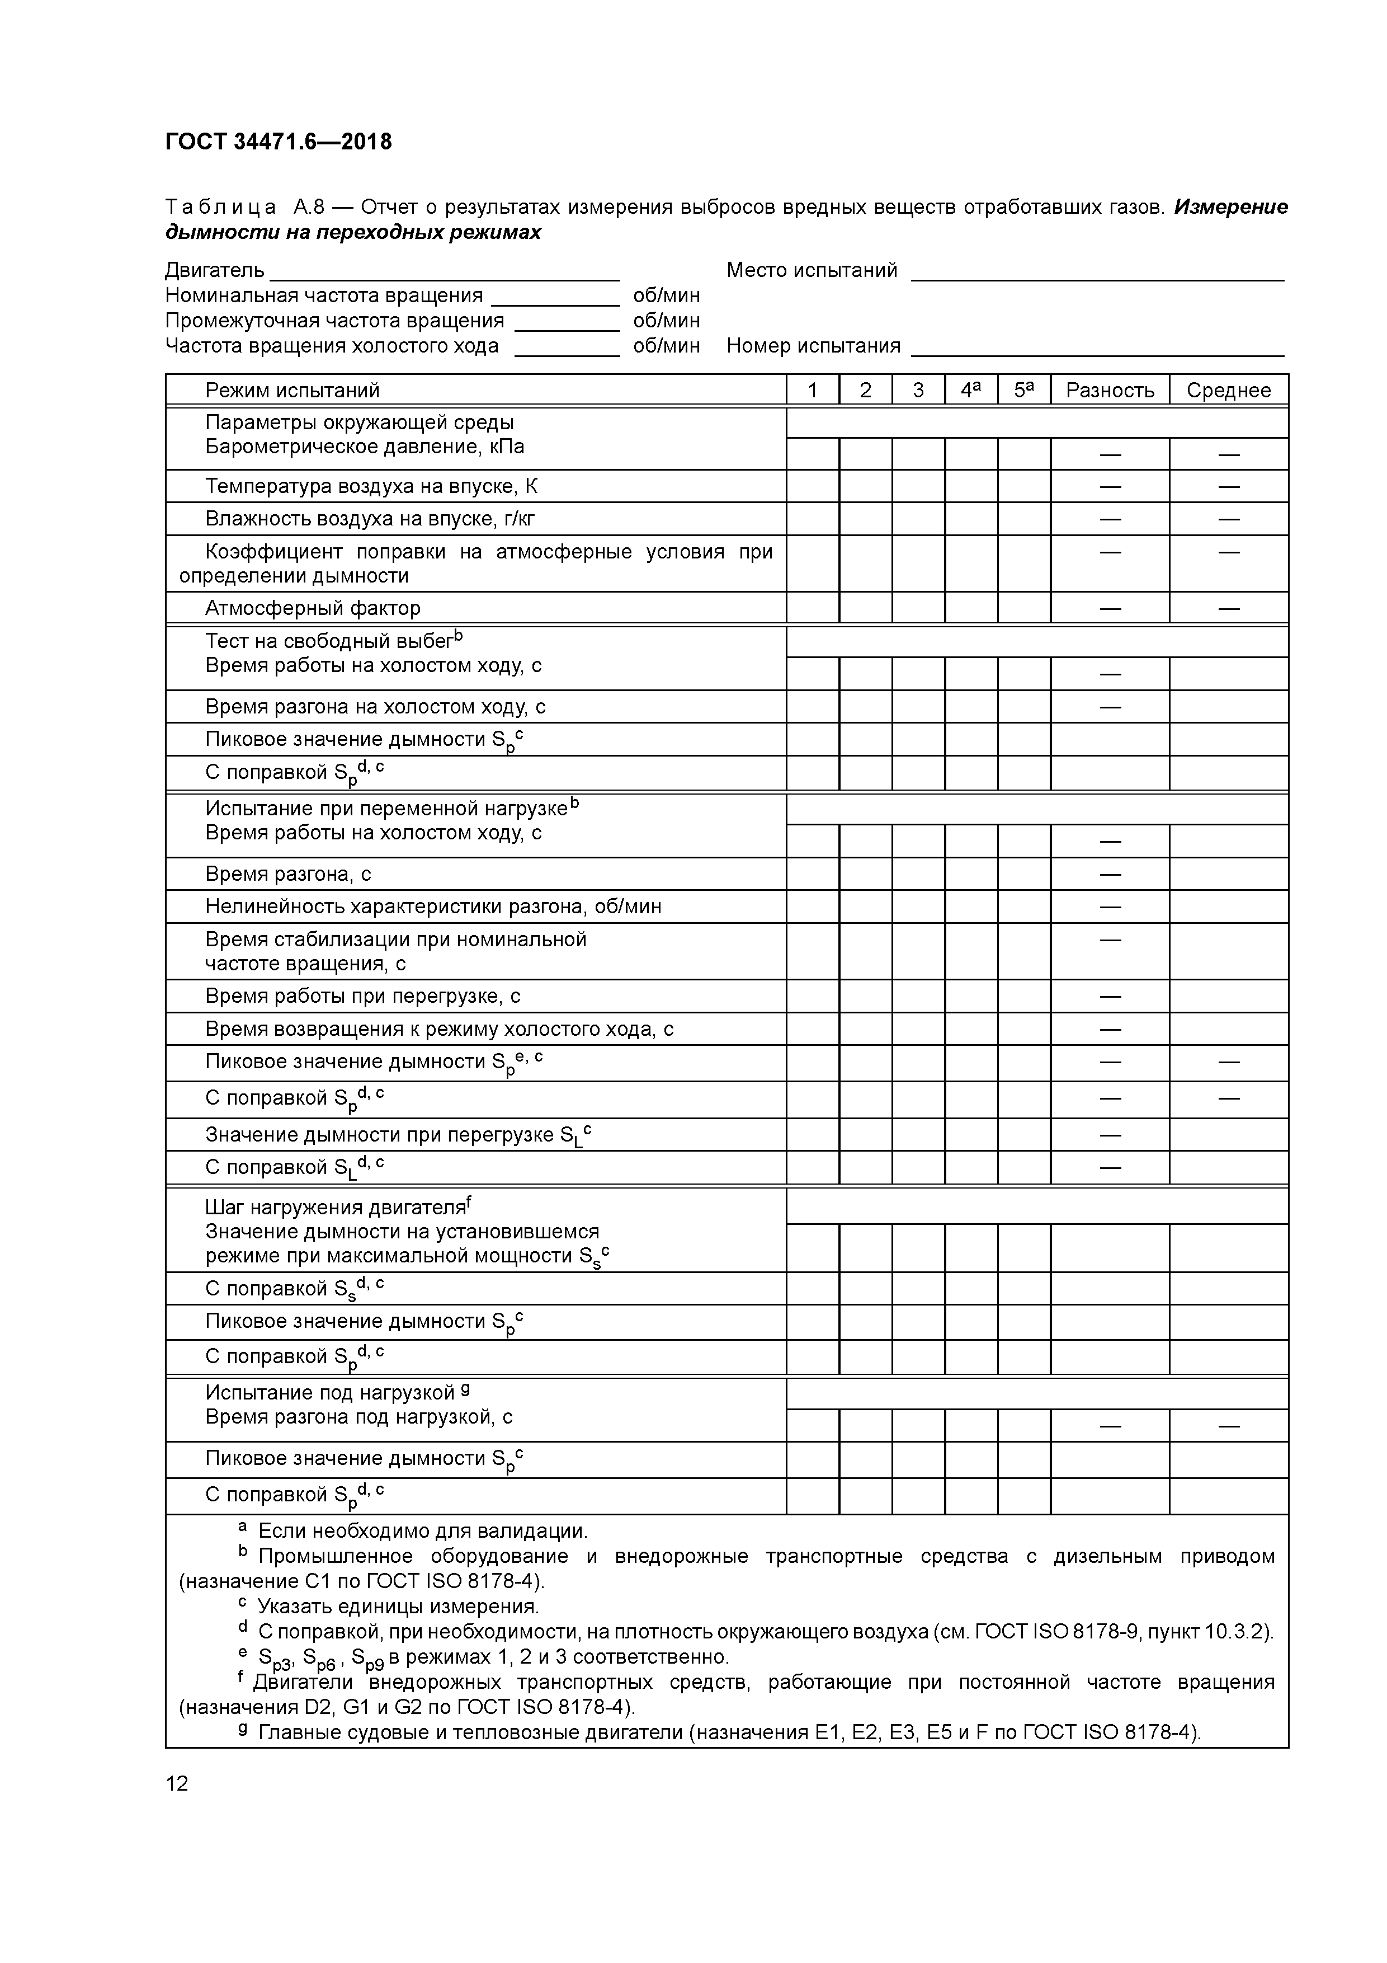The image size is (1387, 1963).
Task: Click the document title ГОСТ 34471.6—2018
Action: (x=279, y=142)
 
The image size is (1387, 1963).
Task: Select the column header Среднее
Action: (x=1228, y=391)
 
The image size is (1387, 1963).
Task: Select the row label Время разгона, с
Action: (x=288, y=874)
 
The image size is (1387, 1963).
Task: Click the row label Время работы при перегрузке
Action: (x=362, y=996)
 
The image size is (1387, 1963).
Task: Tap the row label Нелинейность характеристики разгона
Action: (x=433, y=907)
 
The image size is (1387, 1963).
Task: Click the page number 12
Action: (x=177, y=1783)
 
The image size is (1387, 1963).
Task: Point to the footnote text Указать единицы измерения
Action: (x=398, y=1607)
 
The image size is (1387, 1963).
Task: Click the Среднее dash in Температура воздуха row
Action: (x=1228, y=486)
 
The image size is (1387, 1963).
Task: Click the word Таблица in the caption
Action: (x=220, y=208)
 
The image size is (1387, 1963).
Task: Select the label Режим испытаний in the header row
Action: (x=293, y=391)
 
